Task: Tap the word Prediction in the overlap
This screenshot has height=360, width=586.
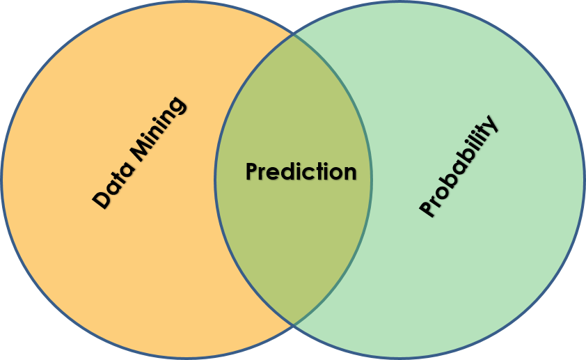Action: [301, 172]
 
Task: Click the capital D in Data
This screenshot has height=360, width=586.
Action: [102, 200]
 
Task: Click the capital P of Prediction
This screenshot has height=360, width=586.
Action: [252, 172]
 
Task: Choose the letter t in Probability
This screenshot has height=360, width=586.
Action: [485, 134]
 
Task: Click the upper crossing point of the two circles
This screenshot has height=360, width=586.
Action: [293, 34]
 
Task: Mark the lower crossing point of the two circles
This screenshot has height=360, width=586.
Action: [293, 325]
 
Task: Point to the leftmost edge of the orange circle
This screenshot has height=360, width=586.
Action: [2, 180]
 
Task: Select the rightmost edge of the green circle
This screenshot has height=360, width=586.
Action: [583, 180]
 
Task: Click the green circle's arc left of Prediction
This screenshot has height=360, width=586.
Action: [216, 180]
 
